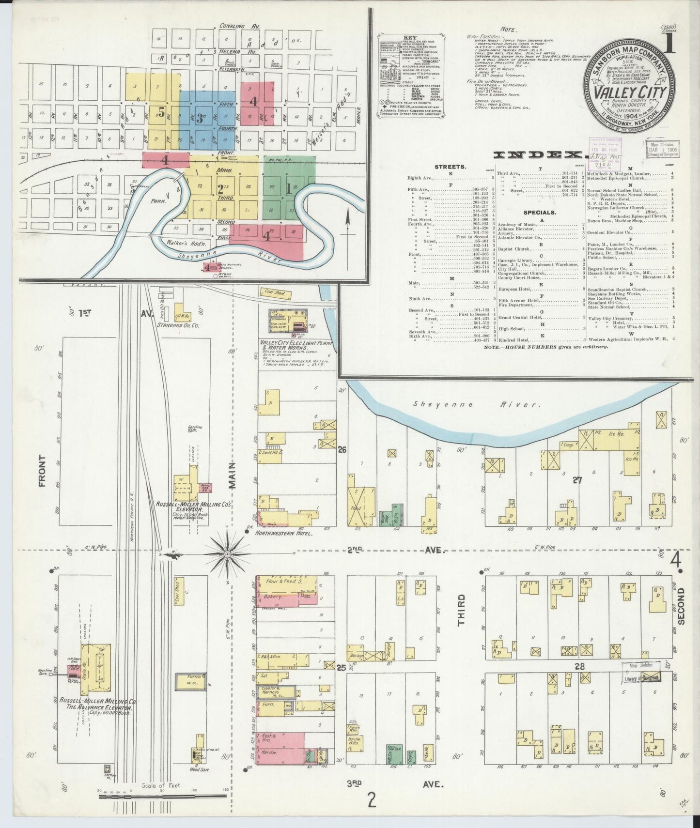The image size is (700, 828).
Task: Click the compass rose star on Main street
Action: (x=227, y=552)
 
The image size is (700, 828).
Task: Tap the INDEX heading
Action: (x=538, y=155)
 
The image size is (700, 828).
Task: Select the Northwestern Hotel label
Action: (x=285, y=533)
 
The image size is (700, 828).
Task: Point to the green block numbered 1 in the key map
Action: (x=289, y=189)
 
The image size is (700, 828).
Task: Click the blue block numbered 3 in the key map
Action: (x=199, y=119)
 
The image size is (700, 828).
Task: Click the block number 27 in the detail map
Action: (x=577, y=480)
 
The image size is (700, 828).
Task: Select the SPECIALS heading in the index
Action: (x=539, y=213)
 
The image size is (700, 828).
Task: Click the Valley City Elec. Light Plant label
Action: (x=290, y=344)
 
